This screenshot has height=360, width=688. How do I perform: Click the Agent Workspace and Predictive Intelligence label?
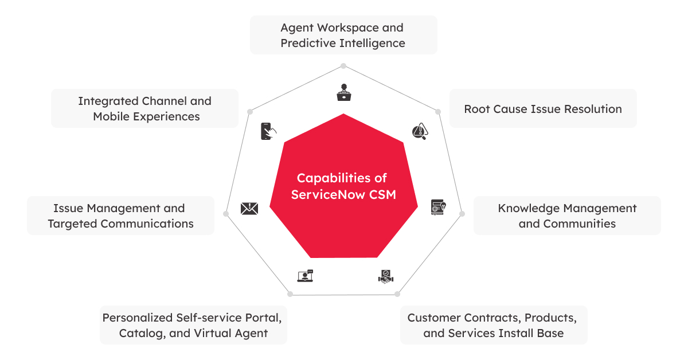coord(343,35)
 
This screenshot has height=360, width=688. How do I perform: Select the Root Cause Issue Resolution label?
coord(542,109)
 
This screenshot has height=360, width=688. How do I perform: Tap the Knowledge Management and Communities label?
coord(566,216)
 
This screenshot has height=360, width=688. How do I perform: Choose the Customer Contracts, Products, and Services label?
coord(493,325)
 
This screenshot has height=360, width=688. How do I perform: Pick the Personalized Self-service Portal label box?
coord(193,325)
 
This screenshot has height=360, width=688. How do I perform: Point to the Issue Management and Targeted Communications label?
coord(120,216)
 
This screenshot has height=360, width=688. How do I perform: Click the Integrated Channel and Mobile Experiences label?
coord(144,108)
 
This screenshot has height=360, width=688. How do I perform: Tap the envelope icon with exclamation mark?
coord(249,209)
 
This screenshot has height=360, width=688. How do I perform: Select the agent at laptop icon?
coord(343,92)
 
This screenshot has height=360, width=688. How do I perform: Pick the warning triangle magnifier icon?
coord(420,132)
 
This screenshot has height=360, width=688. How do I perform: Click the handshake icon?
coord(386,276)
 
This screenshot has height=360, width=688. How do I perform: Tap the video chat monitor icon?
coord(305,276)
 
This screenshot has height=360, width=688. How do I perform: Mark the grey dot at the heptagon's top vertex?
coord(343,65)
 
